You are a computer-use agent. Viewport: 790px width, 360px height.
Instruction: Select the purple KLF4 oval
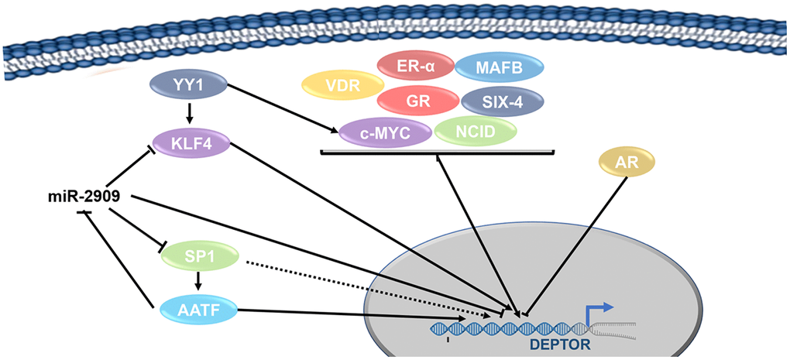tap(189, 142)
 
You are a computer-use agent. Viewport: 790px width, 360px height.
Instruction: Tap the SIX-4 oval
tap(502, 101)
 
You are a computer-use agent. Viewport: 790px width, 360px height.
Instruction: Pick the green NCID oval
tap(475, 131)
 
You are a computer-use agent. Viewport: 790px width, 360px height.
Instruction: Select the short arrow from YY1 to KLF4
tap(189, 115)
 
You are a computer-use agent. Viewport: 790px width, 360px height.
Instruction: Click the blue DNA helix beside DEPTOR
tap(503, 327)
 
